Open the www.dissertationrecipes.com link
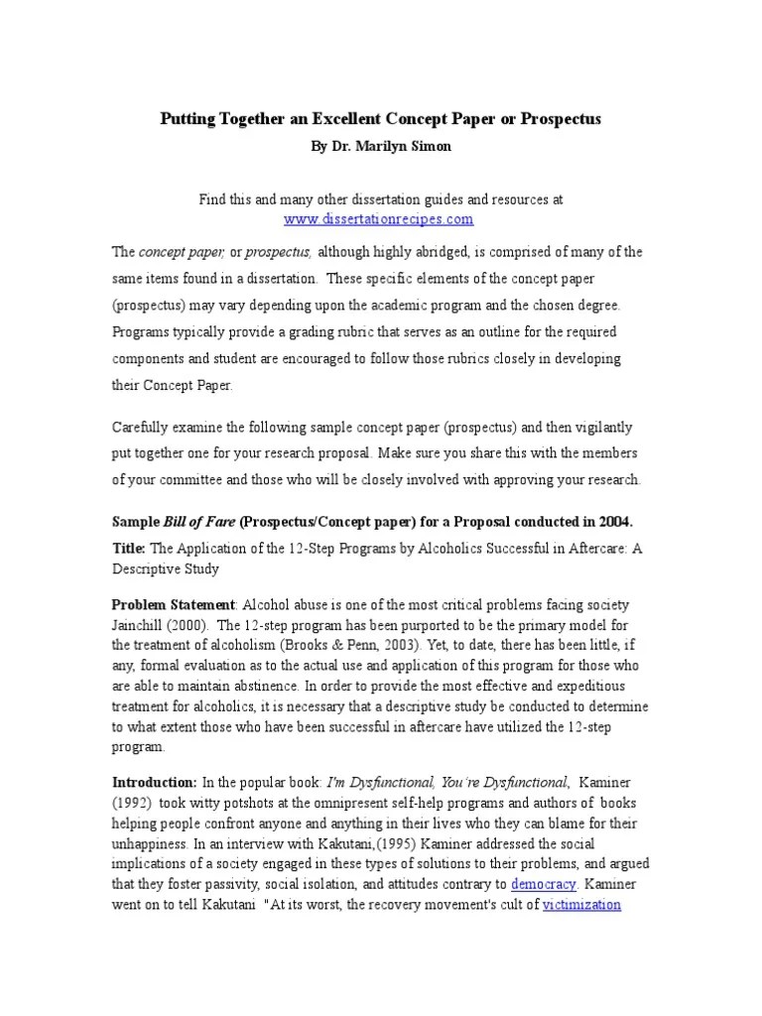point(378,218)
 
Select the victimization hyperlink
point(581,905)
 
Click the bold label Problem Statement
point(174,605)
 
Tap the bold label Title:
point(129,549)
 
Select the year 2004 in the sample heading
point(612,522)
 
